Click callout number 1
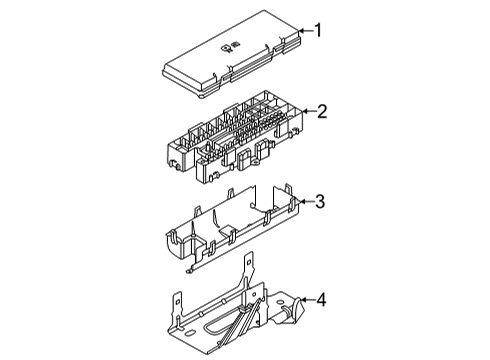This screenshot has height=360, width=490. coord(319,31)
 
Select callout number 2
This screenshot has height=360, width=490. coord(322,112)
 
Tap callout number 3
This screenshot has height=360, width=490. coord(321,203)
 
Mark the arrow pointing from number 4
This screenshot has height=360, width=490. coord(308,299)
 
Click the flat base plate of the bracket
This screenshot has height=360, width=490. coord(200,320)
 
